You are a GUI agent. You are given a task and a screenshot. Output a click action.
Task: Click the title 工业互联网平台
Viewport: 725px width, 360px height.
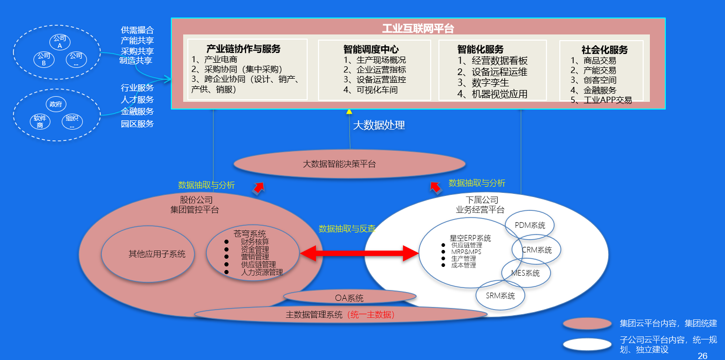[418, 28]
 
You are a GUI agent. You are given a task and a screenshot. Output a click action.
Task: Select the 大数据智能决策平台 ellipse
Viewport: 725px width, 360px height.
[349, 164]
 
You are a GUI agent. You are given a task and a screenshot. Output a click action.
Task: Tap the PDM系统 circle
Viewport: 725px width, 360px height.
[529, 225]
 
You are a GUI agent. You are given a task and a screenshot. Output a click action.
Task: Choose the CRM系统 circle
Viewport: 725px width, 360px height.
[536, 250]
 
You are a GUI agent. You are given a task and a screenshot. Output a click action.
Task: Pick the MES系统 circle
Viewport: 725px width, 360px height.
[525, 273]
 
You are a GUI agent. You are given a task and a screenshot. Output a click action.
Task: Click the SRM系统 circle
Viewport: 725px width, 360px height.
[500, 296]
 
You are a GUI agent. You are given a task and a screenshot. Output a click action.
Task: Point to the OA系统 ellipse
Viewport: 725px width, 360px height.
[349, 298]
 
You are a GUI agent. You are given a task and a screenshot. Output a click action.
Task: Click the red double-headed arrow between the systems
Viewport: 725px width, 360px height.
[359, 253]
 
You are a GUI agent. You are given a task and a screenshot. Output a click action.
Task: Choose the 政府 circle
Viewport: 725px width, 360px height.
[55, 104]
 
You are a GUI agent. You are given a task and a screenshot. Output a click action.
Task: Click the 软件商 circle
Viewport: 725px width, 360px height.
[40, 121]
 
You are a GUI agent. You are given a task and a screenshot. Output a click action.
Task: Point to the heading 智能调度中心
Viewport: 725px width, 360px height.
[370, 50]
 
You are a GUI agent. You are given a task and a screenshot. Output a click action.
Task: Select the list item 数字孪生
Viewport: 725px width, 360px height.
[490, 83]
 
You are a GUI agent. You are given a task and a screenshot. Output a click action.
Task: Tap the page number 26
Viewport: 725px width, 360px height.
[702, 355]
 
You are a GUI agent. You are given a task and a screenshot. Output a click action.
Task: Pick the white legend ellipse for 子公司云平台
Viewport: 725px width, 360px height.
[587, 344]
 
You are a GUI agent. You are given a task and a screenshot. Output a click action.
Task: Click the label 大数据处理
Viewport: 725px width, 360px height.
[379, 125]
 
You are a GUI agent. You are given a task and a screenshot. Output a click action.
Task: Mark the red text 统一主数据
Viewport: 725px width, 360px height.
[371, 314]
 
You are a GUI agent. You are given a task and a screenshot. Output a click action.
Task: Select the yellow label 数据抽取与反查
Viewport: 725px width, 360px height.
[347, 229]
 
